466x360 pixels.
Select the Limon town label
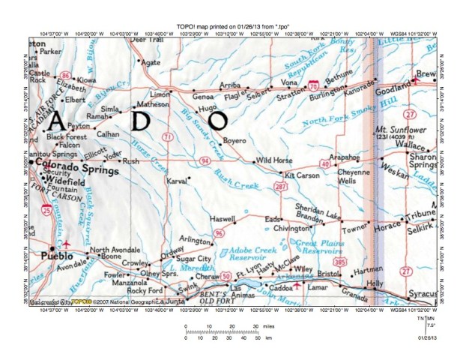click(x=160, y=95)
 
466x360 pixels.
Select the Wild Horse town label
click(x=273, y=160)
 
